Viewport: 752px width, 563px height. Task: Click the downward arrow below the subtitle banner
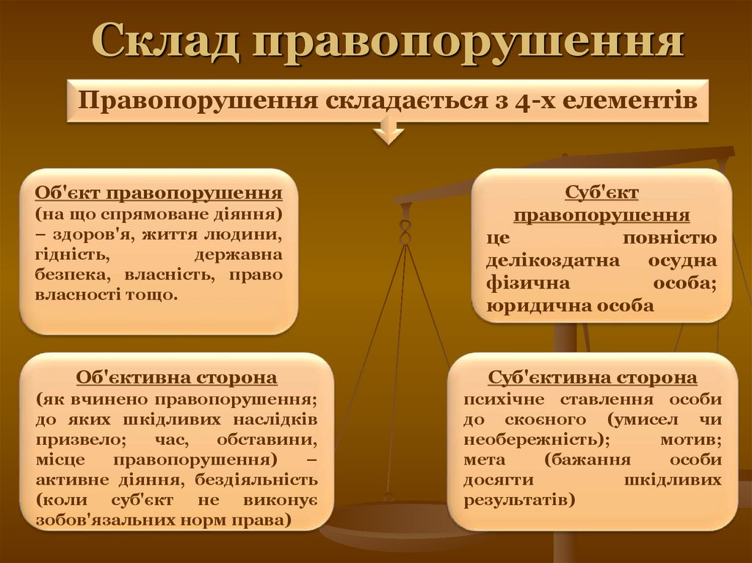pyautogui.click(x=388, y=134)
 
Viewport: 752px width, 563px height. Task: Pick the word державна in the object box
pyautogui.click(x=239, y=255)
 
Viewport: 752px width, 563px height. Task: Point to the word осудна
pyautogui.click(x=683, y=261)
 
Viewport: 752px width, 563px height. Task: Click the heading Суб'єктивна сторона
pyautogui.click(x=593, y=378)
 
